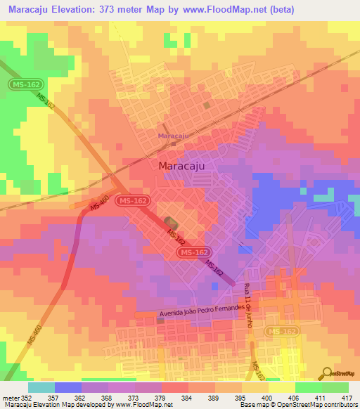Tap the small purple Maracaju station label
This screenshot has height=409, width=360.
click(x=173, y=135)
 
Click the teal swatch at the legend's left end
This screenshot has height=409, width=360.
click(x=41, y=387)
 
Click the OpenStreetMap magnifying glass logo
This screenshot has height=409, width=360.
click(x=328, y=372)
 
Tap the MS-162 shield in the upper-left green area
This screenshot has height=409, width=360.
click(x=22, y=84)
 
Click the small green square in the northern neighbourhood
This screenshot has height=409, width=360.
click(x=207, y=105)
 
